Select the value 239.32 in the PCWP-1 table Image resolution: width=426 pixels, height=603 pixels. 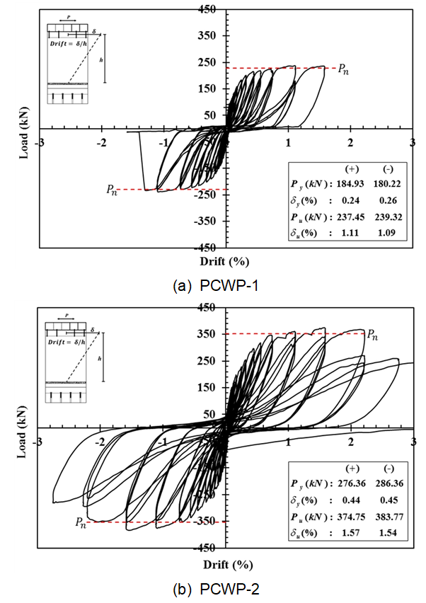pyautogui.click(x=388, y=217)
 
